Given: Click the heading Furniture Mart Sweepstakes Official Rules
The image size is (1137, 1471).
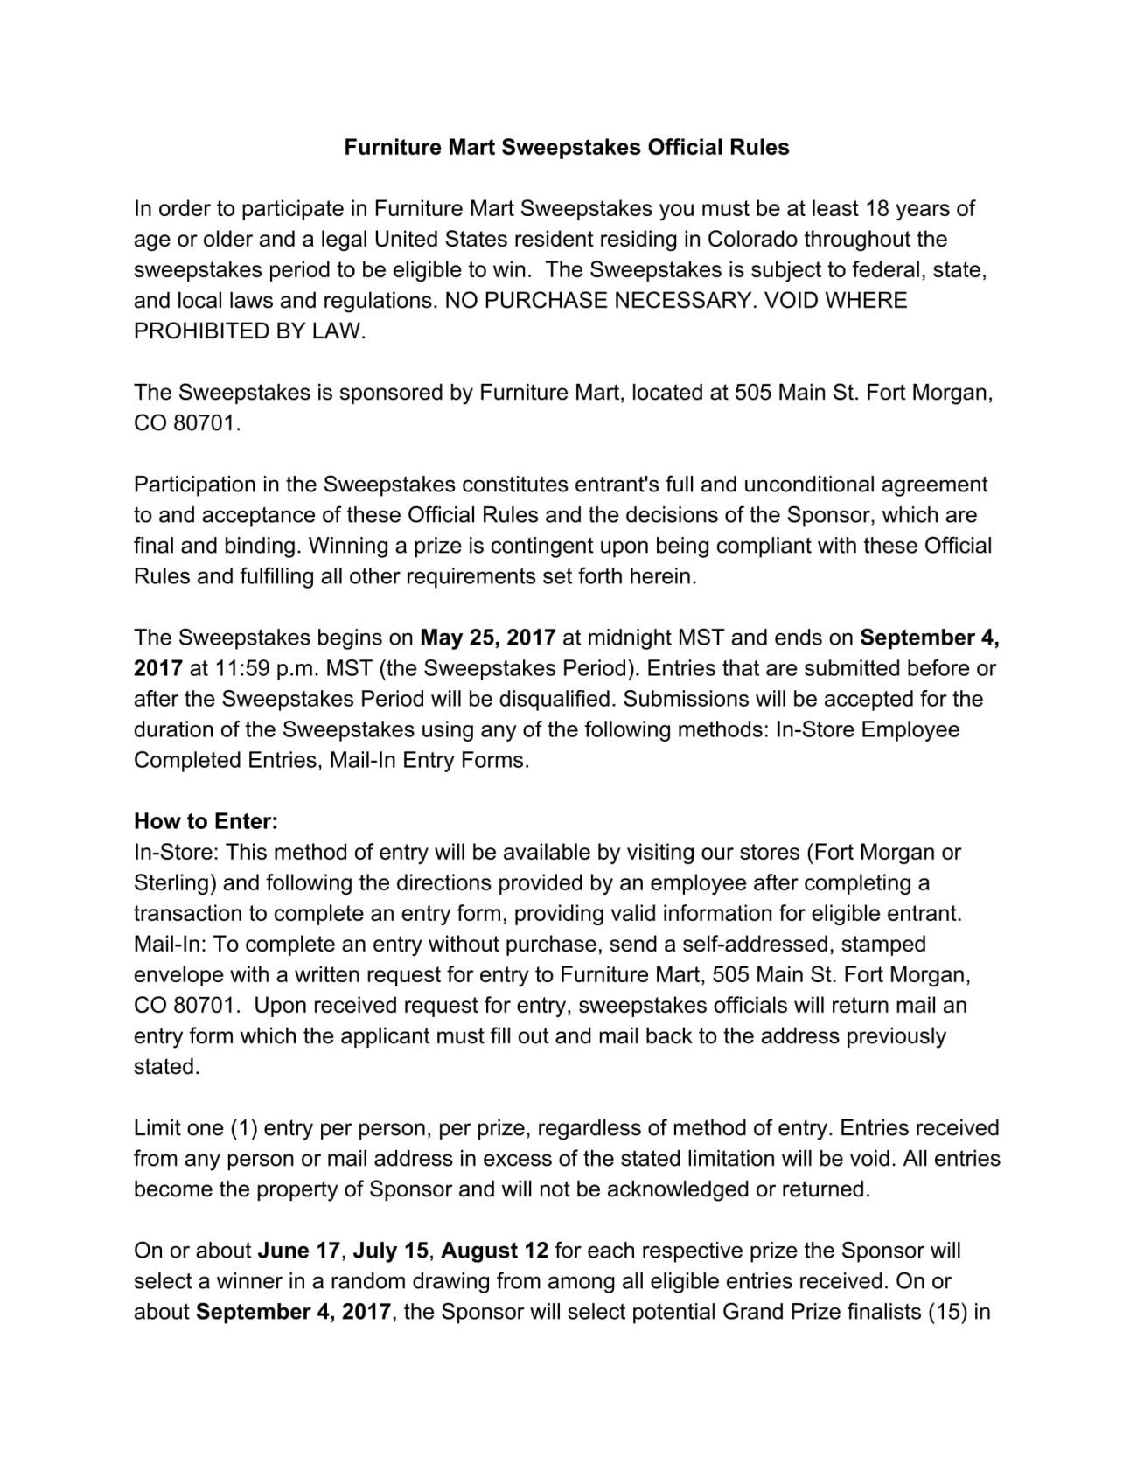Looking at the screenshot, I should point(567,147).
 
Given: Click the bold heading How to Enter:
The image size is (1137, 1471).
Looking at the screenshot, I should point(206,821).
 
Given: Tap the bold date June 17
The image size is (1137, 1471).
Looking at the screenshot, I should point(298,1251).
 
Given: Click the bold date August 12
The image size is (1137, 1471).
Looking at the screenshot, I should point(495,1251).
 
